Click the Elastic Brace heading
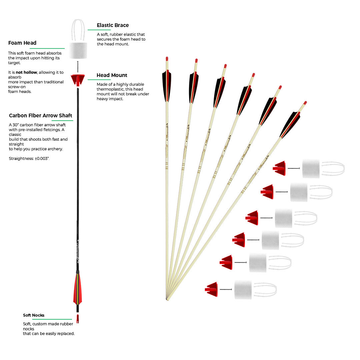coord(113,25)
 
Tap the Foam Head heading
coord(22,43)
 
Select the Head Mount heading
coord(112,75)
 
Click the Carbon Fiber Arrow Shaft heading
coord(41,116)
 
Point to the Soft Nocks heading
coord(34,315)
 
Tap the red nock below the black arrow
coord(78,319)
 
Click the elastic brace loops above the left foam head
coord(78,30)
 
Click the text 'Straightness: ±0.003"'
coord(29,159)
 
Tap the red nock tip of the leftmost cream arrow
coord(167,59)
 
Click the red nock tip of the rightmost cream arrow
coord(305,103)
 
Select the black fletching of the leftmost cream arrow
coord(167,85)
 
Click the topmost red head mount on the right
coord(280,168)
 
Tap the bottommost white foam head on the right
coord(243,290)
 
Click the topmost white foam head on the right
coord(311,169)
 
